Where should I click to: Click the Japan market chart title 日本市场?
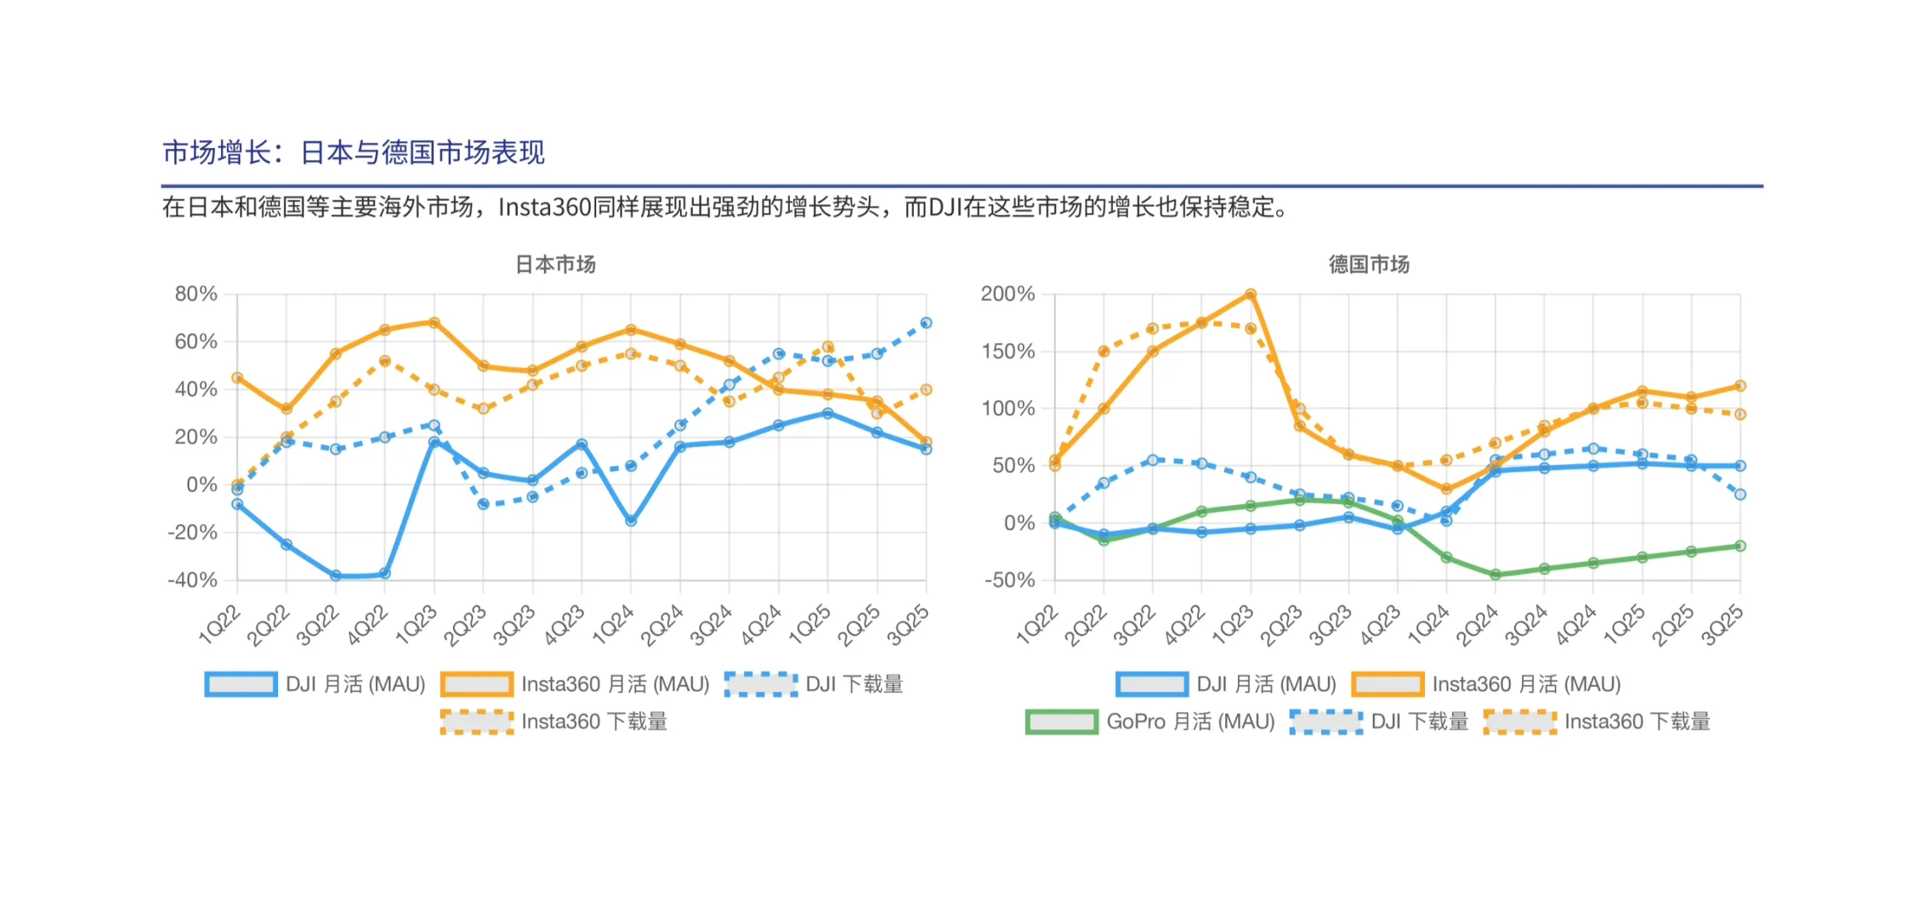555,264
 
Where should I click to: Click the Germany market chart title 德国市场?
1369,264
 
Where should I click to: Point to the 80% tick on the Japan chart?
196,294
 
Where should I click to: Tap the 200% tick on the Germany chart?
1007,294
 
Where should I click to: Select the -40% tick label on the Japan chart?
192,581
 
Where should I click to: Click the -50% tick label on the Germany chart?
1009,581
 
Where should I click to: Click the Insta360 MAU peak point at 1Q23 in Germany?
1251,294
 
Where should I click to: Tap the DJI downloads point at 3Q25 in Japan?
926,323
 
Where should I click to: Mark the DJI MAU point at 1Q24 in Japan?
631,520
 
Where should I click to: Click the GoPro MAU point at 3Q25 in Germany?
1740,546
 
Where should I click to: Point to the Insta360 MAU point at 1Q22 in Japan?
237,377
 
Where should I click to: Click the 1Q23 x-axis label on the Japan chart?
417,626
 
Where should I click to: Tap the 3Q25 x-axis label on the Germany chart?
1722,626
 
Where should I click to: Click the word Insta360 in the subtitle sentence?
544,207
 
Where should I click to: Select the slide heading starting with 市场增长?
353,153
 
